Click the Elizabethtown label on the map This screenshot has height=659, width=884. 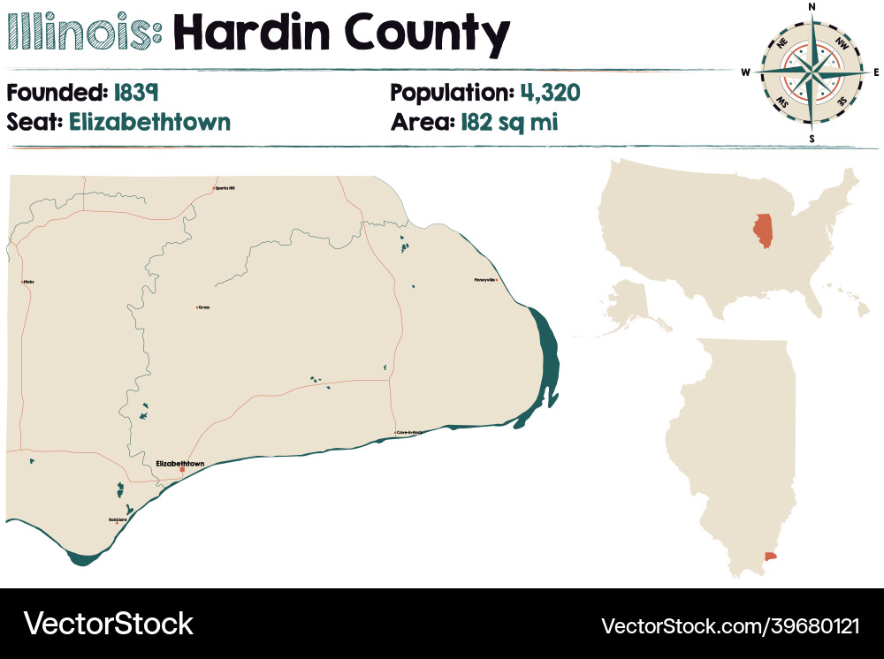point(179,463)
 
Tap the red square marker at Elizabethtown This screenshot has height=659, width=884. point(182,470)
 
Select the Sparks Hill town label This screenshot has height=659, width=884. point(226,187)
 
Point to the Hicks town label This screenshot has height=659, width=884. point(29,282)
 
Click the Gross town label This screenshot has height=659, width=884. point(204,307)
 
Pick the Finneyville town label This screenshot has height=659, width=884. point(485,280)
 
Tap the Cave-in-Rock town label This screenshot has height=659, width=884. point(411,432)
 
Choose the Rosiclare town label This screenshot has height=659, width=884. point(117,519)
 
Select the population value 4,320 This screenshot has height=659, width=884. point(551,93)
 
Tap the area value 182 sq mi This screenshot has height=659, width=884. point(508,122)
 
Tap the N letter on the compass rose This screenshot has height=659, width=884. point(812,7)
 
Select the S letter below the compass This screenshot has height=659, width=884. point(812,139)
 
